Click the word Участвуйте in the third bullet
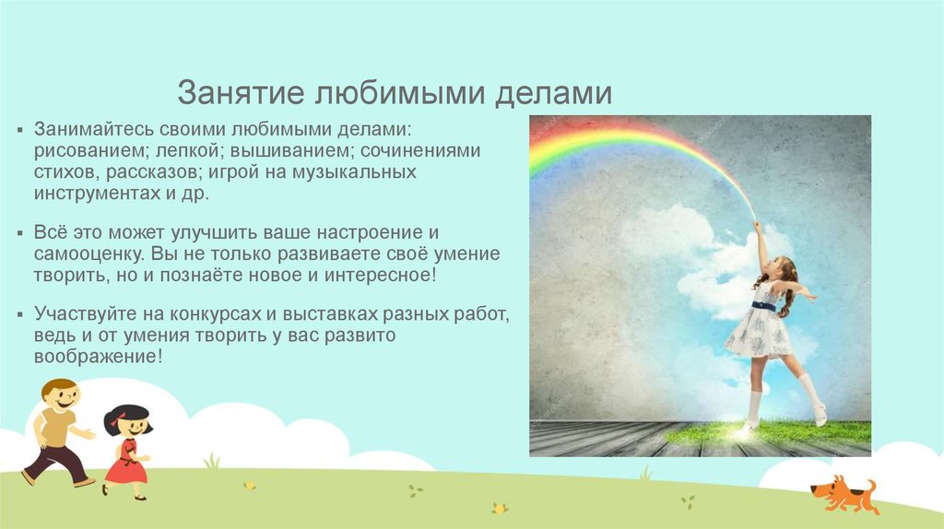tap(83, 312)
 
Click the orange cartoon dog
tap(842, 492)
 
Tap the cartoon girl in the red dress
tap(126, 452)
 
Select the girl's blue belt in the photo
tap(763, 306)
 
